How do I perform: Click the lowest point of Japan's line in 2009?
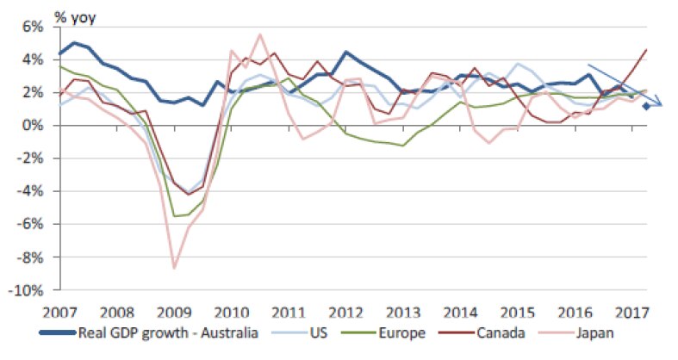coord(174,269)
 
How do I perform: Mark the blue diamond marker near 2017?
coord(646,107)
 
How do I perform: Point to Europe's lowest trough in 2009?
coord(176,216)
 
